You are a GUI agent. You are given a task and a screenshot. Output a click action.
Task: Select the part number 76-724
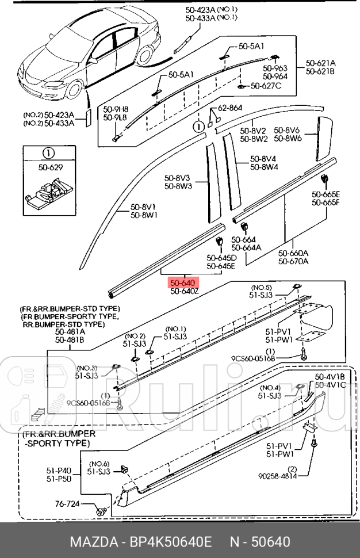[68, 504]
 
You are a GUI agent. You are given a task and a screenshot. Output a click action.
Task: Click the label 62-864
[230, 108]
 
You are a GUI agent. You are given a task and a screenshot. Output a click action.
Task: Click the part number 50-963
[275, 68]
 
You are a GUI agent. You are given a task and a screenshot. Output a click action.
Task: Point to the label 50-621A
[321, 63]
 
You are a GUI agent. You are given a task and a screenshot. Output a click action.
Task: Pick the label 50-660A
[293, 253]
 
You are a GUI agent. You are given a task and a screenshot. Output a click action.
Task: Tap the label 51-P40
[59, 470]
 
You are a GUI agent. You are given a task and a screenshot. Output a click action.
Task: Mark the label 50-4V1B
[330, 377]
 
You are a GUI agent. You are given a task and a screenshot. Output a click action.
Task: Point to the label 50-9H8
[116, 109]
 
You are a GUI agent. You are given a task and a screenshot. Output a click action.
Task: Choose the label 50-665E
[326, 194]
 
